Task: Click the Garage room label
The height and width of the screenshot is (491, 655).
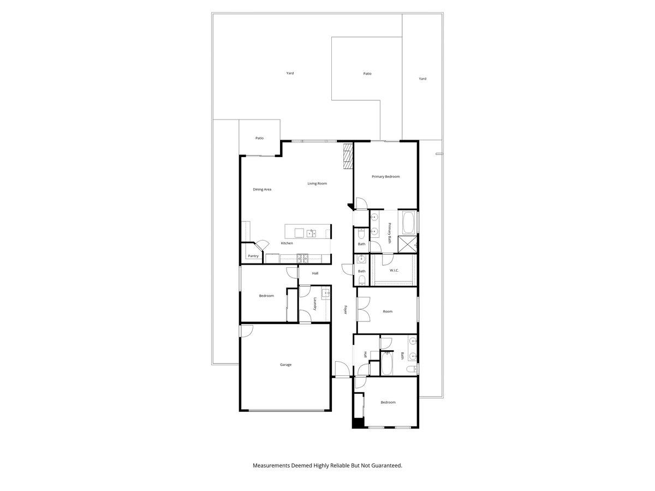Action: [x=285, y=364]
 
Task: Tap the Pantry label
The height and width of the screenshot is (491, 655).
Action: [x=253, y=256]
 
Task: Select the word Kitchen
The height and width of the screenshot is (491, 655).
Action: [x=287, y=243]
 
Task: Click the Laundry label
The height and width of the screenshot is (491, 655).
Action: [x=315, y=304]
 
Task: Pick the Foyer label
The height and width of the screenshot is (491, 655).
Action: [x=346, y=309]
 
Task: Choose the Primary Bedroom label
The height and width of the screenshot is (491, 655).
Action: [x=385, y=177]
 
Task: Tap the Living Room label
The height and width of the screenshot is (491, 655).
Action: [x=317, y=183]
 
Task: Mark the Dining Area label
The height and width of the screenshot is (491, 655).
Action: [x=262, y=189]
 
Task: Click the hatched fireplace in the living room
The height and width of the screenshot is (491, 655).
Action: [x=348, y=157]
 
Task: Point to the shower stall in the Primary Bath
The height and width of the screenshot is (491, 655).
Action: [x=408, y=244]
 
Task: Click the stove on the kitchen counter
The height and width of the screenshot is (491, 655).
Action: [x=302, y=259]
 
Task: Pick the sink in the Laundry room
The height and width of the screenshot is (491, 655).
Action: [x=326, y=294]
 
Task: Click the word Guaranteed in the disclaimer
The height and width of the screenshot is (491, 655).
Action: [x=383, y=466]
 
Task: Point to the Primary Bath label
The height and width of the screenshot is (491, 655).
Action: [x=390, y=233]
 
